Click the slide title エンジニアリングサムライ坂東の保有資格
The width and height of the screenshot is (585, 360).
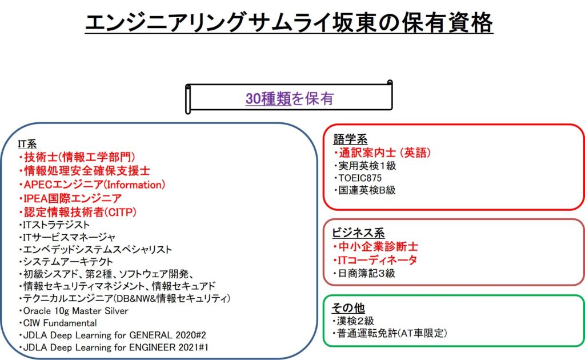[289, 24]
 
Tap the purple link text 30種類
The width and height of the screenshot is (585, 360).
[269, 99]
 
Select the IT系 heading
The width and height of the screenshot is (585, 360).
[27, 145]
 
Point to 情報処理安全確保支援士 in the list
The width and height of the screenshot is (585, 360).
[85, 171]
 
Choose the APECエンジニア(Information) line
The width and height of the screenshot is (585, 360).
[93, 185]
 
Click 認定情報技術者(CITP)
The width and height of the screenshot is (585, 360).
[79, 212]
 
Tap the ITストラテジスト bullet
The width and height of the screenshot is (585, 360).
[54, 225]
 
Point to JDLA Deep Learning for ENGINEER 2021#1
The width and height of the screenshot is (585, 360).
[113, 347]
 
